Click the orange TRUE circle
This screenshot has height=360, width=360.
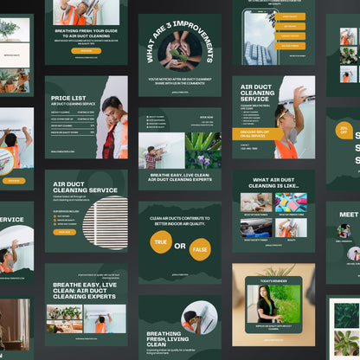pos(161,242)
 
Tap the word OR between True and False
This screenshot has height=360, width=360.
pos(180,246)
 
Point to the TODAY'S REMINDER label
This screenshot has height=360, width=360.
pos(273,280)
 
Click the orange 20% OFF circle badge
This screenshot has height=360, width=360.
pos(344,130)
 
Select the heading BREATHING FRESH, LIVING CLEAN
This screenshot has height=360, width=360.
pos(164,337)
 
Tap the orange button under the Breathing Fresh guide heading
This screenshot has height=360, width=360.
pos(86,50)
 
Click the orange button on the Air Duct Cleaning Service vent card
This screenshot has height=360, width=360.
pos(64,232)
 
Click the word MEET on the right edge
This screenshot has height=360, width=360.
pos(349,214)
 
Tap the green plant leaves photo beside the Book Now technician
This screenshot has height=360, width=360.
pos(203,151)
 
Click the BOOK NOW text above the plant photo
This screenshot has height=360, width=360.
pos(206,117)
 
